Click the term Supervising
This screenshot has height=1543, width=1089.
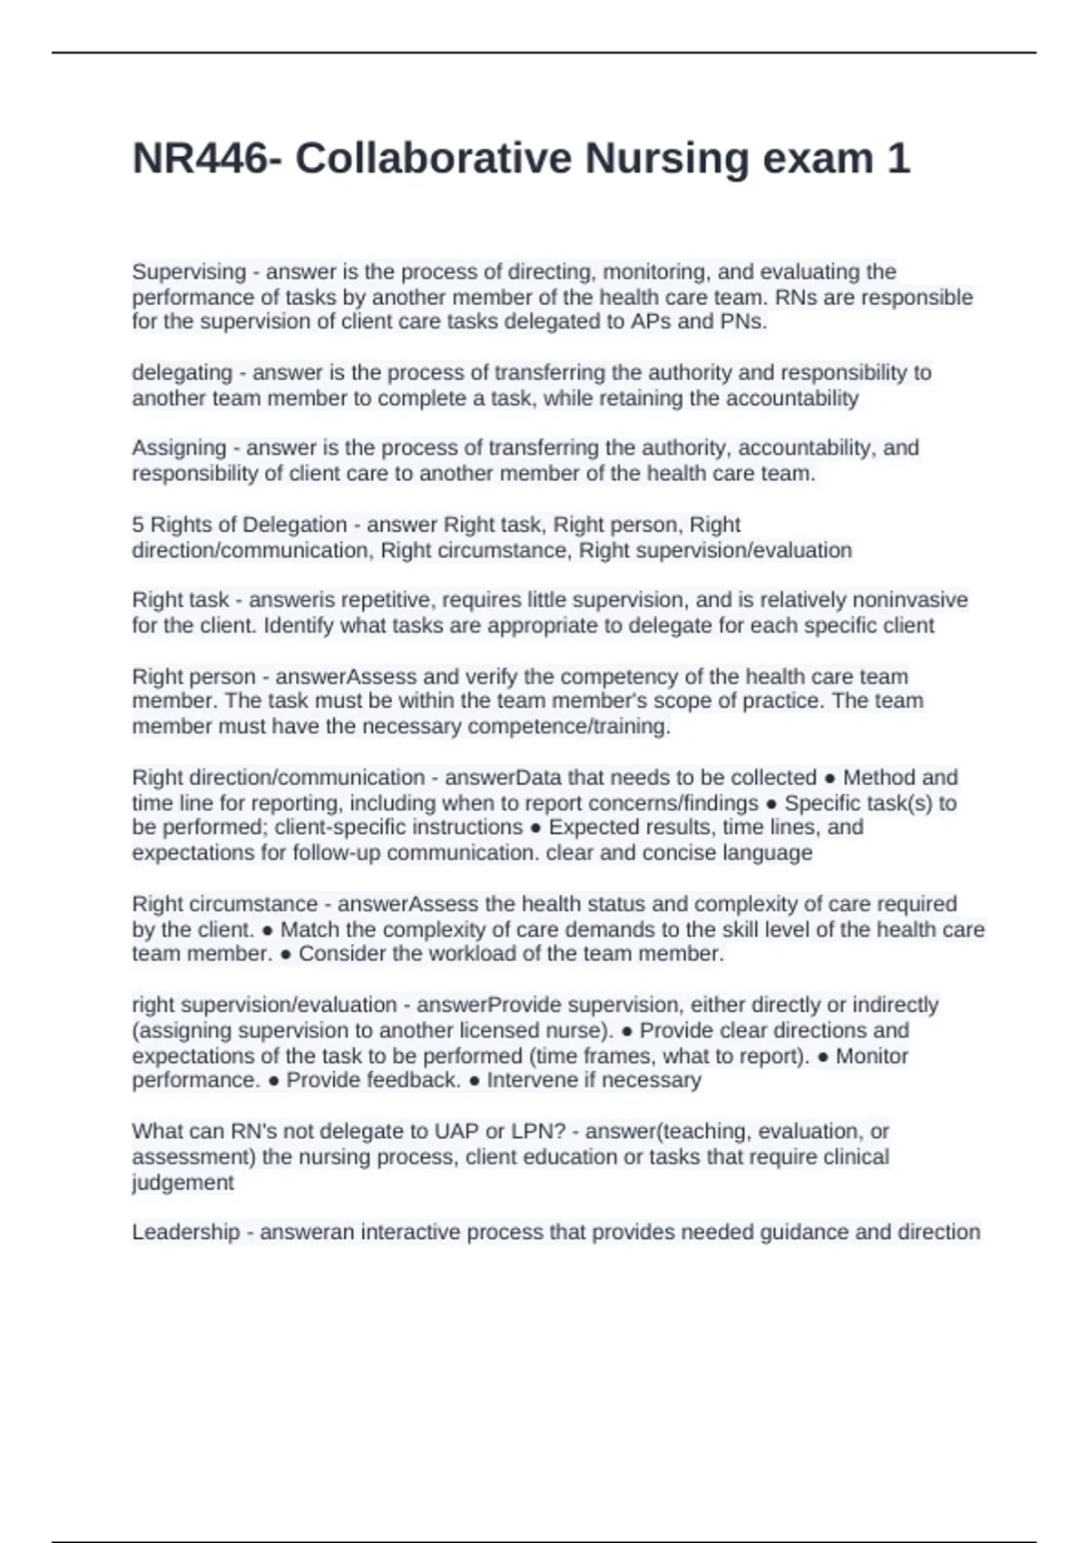189,271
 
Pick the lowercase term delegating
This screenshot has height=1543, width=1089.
181,373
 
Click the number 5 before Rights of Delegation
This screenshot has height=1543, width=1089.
138,525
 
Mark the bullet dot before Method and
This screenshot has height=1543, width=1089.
830,779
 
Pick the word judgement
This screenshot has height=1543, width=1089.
182,1183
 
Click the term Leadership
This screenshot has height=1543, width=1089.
186,1233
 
